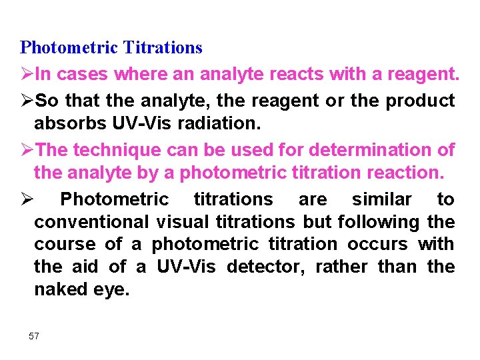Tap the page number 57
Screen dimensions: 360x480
[34, 336]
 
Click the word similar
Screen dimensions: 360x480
[382, 199]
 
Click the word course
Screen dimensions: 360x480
[61, 245]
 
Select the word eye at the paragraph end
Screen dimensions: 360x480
[112, 290]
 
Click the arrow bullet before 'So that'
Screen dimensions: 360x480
[27, 101]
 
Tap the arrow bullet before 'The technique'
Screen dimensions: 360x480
[27, 151]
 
